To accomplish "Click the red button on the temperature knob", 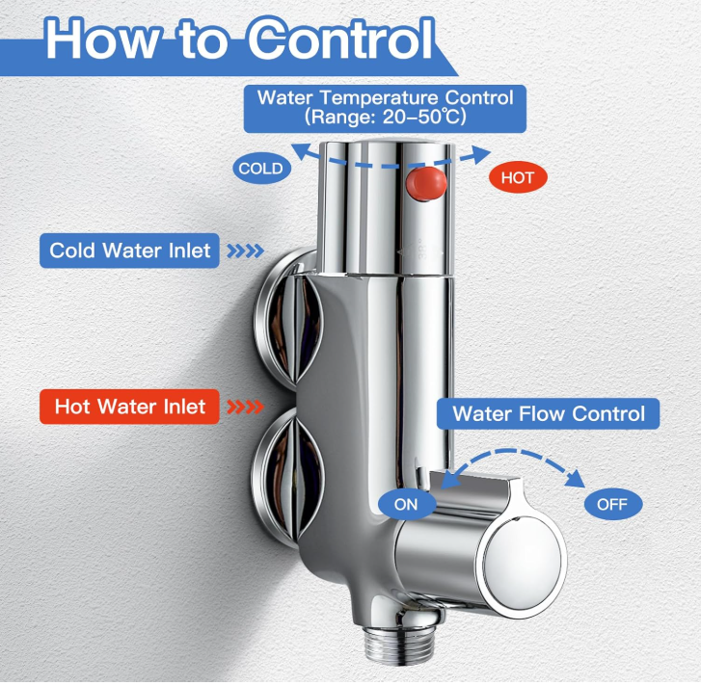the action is (425, 184).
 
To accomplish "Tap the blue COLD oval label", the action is (261, 169).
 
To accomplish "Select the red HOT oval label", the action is (518, 178).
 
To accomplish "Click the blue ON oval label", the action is (406, 505).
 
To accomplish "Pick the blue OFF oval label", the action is (613, 505).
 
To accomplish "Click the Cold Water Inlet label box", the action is (129, 250).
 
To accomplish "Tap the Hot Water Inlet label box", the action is (129, 407).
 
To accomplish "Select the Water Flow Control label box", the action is (548, 413).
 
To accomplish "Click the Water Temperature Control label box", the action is (385, 109).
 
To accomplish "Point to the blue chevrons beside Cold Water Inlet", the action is (245, 250).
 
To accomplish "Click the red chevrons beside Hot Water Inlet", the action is (245, 407).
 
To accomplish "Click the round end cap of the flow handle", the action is (523, 563).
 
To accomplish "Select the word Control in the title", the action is (340, 40).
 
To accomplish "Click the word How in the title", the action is (101, 40).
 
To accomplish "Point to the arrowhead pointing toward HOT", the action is (478, 154).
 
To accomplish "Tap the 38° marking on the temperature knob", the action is (422, 249).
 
